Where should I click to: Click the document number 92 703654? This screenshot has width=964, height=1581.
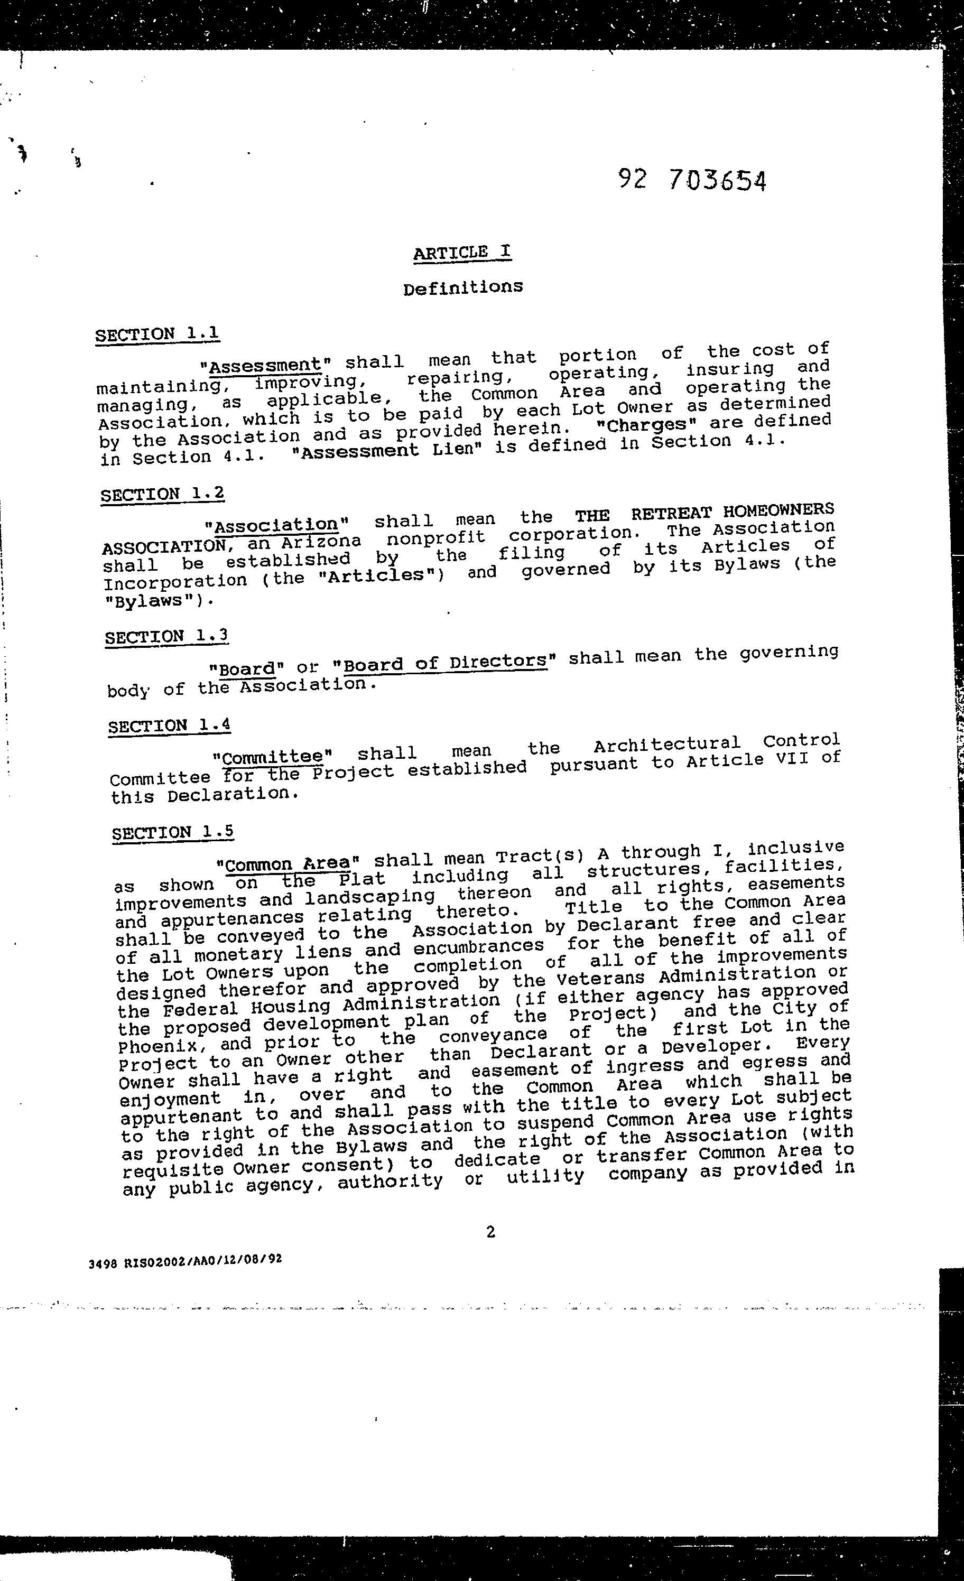point(692,181)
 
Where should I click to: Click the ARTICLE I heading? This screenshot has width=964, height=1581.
point(462,252)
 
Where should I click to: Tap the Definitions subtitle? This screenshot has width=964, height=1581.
point(463,287)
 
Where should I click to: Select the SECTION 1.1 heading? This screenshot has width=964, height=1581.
point(157,334)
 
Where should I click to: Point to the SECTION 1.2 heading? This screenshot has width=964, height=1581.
point(162,494)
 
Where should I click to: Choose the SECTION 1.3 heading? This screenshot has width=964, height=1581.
point(166,637)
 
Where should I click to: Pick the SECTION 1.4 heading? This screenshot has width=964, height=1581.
point(169,726)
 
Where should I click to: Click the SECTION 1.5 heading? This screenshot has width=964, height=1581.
point(173,833)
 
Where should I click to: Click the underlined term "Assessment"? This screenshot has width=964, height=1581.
point(264,366)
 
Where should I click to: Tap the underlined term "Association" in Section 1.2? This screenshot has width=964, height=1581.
point(275,525)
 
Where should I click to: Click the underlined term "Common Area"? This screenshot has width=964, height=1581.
point(288,863)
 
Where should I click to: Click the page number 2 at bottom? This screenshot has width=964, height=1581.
point(491,1231)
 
